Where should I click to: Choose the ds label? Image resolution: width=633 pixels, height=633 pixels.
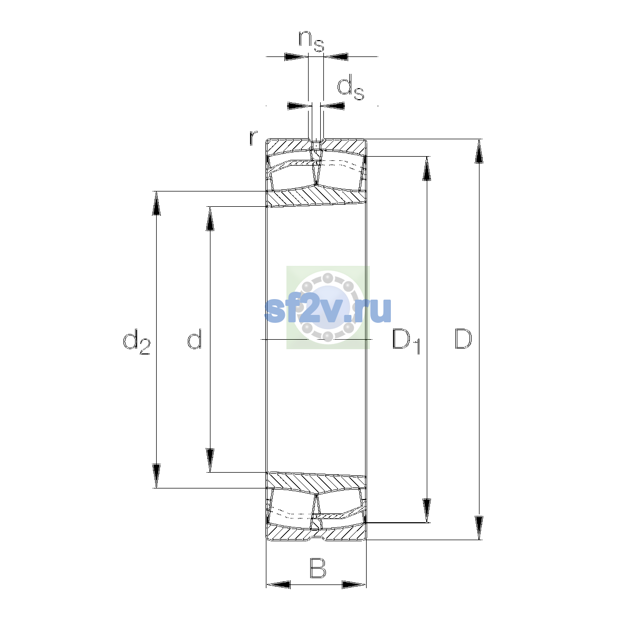coord(350,87)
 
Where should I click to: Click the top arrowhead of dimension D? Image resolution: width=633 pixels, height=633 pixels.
coord(479,151)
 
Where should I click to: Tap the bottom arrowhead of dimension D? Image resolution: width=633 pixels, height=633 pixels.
coord(479,528)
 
